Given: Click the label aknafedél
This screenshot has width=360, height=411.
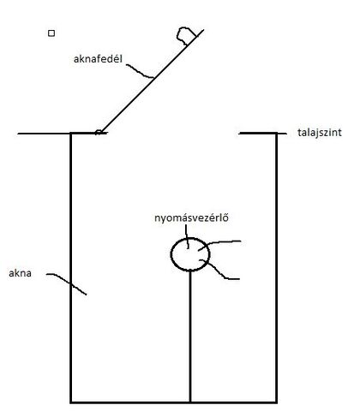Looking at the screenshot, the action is [x=98, y=59].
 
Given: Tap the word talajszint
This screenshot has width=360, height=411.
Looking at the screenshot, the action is [x=320, y=133].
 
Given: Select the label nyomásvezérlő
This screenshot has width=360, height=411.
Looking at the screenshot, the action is [x=191, y=217].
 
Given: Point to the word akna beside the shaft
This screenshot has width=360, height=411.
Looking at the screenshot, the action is [x=20, y=273].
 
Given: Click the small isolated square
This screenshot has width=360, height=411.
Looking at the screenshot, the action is [x=51, y=33].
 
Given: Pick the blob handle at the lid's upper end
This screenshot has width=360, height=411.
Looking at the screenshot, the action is [x=185, y=35].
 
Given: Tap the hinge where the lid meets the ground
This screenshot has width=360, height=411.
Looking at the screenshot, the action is [x=99, y=132].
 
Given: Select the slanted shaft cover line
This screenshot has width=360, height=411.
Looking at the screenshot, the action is [x=153, y=81].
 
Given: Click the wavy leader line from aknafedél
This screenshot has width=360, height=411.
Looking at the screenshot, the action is [x=140, y=72].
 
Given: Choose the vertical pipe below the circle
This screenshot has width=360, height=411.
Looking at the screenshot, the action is [x=190, y=336].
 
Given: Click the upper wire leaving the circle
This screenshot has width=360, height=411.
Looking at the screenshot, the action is [x=219, y=242].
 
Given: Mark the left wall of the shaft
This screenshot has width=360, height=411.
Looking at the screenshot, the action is [x=71, y=268].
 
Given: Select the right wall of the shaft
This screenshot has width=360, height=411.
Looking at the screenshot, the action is [x=276, y=268].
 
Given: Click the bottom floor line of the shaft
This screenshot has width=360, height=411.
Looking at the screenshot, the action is [x=173, y=402].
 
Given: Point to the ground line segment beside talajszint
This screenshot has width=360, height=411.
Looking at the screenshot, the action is [x=262, y=134].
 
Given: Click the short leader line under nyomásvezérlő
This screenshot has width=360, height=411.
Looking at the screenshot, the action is [x=187, y=236].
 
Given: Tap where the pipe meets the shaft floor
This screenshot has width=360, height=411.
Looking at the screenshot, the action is [x=190, y=402].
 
